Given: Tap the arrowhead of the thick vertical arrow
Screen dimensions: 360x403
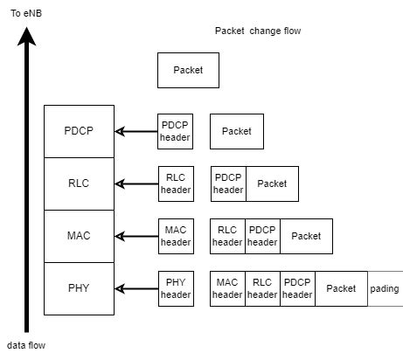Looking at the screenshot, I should (27, 35).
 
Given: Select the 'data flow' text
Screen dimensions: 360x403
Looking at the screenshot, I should (27, 345).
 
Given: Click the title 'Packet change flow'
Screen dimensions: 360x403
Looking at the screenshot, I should (257, 31).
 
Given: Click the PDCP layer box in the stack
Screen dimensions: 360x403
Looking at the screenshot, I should (79, 131).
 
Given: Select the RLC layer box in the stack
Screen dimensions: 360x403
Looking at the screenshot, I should (79, 183).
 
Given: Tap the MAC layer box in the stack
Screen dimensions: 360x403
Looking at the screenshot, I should (79, 236).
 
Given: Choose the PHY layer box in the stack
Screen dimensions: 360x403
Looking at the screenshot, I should (79, 288).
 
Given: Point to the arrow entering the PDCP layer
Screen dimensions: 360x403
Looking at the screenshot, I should (135, 131).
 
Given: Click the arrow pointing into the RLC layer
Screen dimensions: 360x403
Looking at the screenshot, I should (135, 183).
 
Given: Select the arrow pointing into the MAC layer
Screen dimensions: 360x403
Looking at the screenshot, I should (135, 236).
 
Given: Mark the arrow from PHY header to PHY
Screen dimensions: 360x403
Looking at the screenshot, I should (135, 288).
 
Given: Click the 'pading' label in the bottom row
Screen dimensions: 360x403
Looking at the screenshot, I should (384, 288).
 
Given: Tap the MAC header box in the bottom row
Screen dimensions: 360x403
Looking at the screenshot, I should (227, 288).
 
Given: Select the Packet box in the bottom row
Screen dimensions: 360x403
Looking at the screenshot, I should (341, 288).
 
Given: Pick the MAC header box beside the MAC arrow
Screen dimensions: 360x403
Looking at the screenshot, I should (175, 236).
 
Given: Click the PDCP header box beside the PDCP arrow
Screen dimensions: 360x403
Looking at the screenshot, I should (175, 131).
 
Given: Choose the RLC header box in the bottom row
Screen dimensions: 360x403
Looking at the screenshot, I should (262, 288).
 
